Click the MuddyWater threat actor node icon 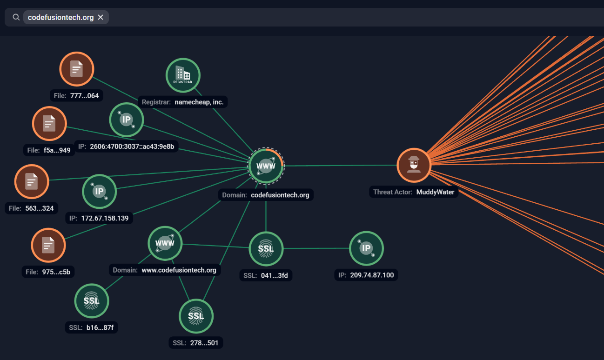tap(414, 165)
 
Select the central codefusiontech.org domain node tap(266, 166)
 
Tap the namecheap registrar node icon tap(183, 75)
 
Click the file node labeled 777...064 tap(77, 69)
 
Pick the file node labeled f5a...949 tap(49, 124)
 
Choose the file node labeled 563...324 tap(32, 181)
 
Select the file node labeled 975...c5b tap(48, 245)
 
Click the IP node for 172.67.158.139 tap(99, 191)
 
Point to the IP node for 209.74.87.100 tap(366, 248)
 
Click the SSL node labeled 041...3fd tap(266, 249)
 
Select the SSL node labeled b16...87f tap(91, 301)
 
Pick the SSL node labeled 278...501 tap(196, 317)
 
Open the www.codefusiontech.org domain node tap(165, 243)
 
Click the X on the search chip tap(101, 18)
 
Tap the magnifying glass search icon tap(16, 18)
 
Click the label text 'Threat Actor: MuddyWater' tap(413, 192)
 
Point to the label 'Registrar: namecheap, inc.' tap(182, 102)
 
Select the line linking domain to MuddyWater tap(340, 165)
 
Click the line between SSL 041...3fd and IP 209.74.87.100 tap(316, 248)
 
